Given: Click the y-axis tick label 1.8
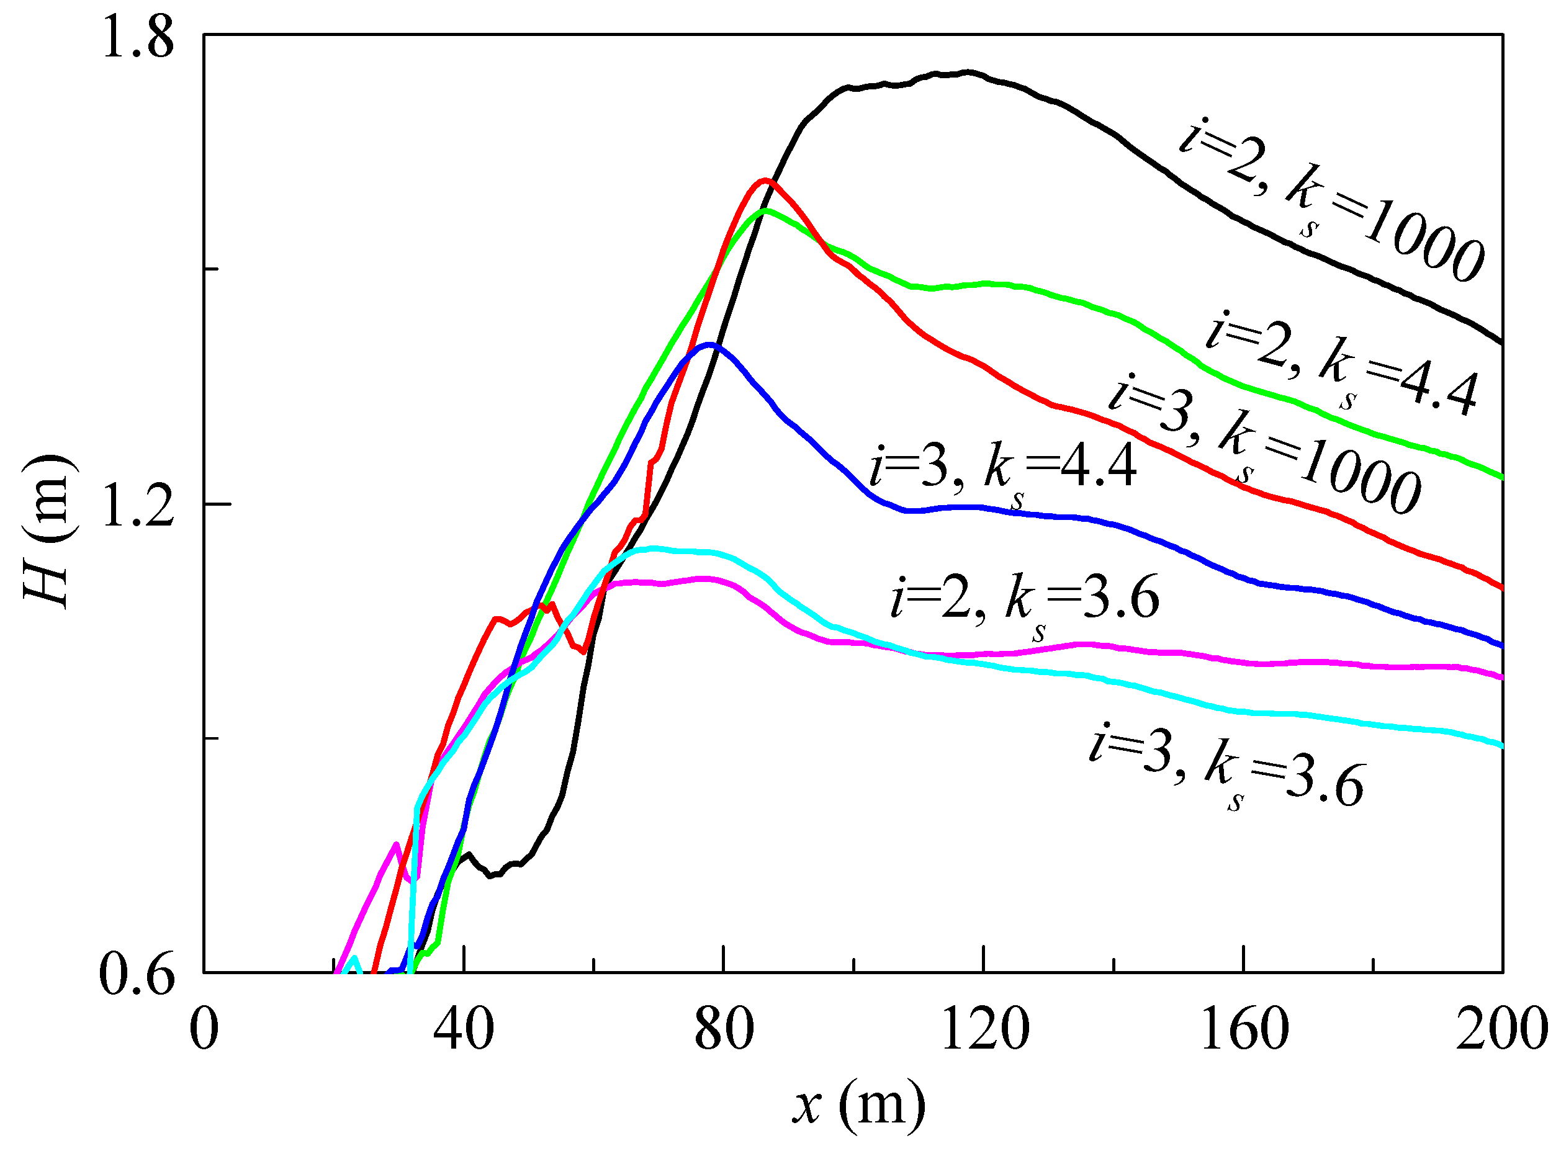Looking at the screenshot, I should [x=137, y=38].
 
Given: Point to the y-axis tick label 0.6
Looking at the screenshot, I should [x=137, y=975].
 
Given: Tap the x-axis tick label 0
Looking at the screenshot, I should [x=204, y=1030].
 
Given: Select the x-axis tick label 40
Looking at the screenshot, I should [x=464, y=1030].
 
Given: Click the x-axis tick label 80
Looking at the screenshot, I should [x=724, y=1030].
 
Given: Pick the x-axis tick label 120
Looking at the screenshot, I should [x=984, y=1030].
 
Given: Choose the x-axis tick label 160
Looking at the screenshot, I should [x=1244, y=1030].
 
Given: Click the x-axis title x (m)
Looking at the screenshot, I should [x=858, y=1105].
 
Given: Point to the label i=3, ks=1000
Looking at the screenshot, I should [x=1265, y=446].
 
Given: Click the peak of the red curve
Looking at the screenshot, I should [x=765, y=180].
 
